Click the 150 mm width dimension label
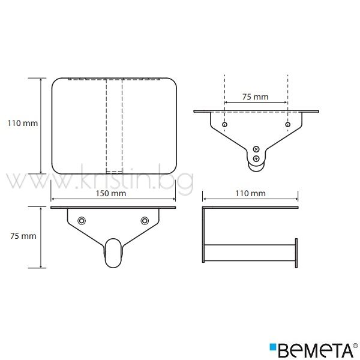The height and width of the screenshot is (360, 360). click(x=111, y=193)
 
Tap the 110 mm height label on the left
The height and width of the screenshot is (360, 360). click(x=23, y=123)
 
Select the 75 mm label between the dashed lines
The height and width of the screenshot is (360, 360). click(x=256, y=97)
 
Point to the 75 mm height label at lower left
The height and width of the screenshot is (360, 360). click(x=23, y=236)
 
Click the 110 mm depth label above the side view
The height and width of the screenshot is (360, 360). click(x=250, y=193)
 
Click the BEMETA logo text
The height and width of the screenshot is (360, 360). click(x=315, y=350)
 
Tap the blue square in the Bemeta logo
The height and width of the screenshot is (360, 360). click(x=273, y=347)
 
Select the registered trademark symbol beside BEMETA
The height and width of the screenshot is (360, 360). click(x=355, y=346)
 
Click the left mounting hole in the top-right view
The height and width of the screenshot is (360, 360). click(x=224, y=124)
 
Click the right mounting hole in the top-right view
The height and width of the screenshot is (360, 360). click(x=287, y=124)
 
